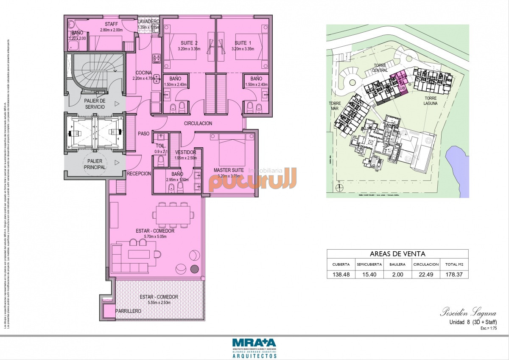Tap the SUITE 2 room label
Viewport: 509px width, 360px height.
tap(190, 43)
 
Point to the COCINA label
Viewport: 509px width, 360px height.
tap(144, 73)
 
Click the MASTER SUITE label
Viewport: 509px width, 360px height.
tap(229, 170)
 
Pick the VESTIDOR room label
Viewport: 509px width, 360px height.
tap(185, 152)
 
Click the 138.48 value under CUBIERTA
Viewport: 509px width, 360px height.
tap(341, 275)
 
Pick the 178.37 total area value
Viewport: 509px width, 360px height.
tap(454, 275)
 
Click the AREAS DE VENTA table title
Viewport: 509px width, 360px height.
tap(397, 254)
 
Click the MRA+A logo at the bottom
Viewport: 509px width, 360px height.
tap(254, 343)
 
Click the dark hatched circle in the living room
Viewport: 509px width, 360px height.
tap(194, 268)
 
